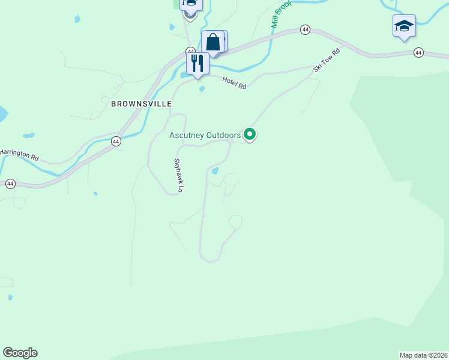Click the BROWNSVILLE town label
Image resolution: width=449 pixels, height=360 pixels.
point(141,103)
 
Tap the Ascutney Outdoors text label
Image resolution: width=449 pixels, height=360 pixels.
point(205,136)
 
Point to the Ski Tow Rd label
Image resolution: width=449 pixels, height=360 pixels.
point(327,61)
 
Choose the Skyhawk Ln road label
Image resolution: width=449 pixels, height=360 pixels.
point(178,175)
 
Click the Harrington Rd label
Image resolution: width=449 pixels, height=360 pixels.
point(20,155)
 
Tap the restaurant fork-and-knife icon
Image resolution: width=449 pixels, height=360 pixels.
point(197,62)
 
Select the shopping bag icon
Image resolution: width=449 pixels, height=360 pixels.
point(213,43)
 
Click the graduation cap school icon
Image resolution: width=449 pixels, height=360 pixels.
point(404,26)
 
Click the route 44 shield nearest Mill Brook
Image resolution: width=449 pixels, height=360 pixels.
point(306,29)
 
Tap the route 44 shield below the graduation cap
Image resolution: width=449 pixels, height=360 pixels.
point(418,53)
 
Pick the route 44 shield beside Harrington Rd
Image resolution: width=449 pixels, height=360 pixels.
point(116,141)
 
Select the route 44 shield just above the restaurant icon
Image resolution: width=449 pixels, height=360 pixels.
point(190,51)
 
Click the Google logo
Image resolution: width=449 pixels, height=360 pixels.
point(20,353)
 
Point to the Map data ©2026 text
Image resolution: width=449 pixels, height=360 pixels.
point(423,355)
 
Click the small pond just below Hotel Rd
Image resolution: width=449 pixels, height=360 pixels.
point(202,89)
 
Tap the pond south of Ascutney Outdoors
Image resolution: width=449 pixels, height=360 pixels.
point(214,171)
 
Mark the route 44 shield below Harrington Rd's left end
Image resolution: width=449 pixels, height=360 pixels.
point(10,184)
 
